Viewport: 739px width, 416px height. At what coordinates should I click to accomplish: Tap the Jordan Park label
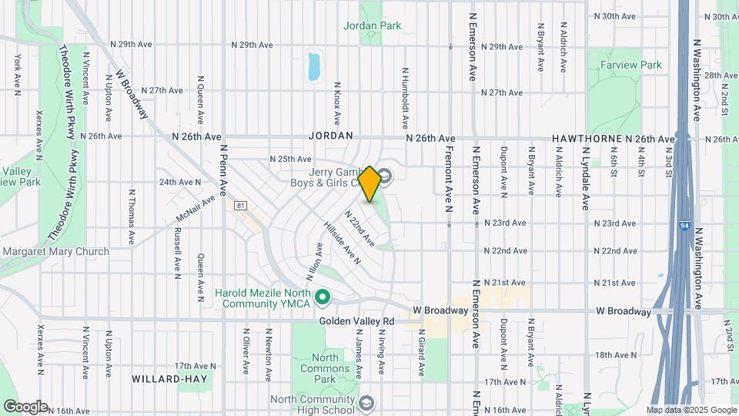373,25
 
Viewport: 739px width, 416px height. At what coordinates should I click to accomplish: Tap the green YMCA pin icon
323,296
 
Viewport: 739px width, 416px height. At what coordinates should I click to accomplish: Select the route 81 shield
241,206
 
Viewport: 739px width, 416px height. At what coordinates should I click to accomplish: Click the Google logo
25,406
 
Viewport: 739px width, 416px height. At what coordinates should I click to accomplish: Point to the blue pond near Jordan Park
314,67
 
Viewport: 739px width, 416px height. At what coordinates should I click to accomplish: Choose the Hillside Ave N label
342,245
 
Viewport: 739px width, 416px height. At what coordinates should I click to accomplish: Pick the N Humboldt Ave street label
404,97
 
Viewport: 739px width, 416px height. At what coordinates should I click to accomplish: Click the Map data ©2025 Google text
691,411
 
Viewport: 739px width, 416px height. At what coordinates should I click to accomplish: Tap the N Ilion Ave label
315,261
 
